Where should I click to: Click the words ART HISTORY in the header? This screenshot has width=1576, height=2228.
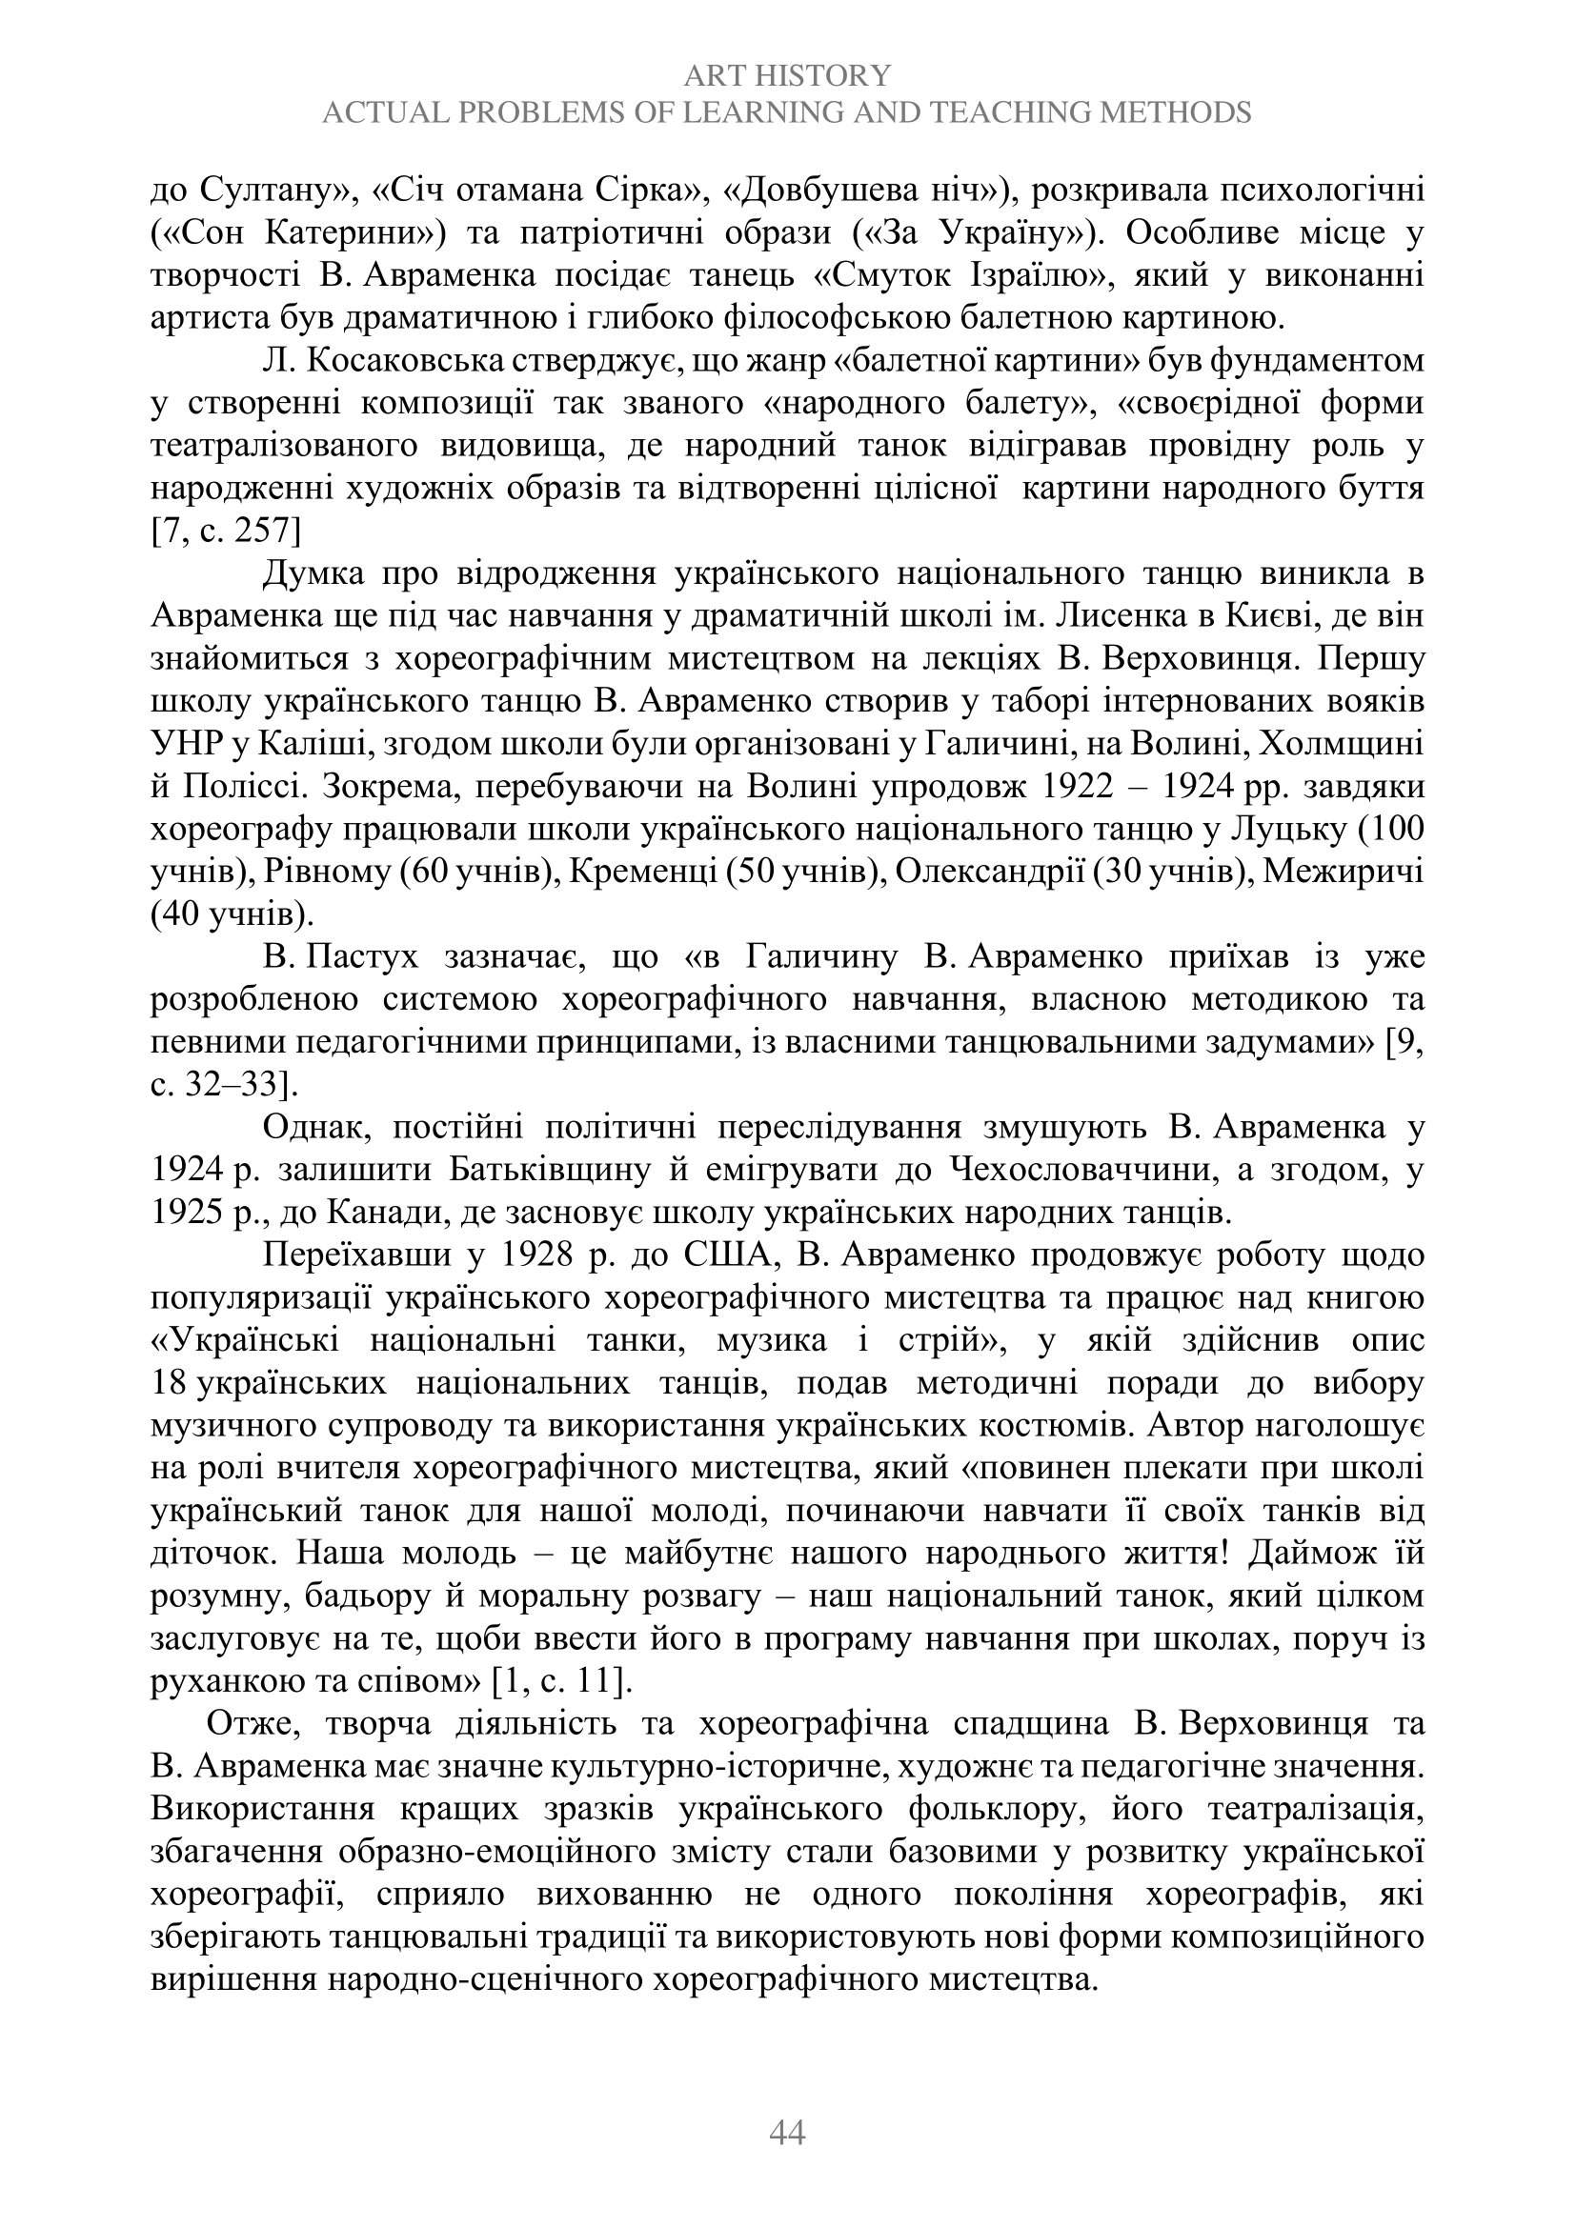click(x=786, y=74)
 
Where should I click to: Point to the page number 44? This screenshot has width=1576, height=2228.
click(x=787, y=2132)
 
